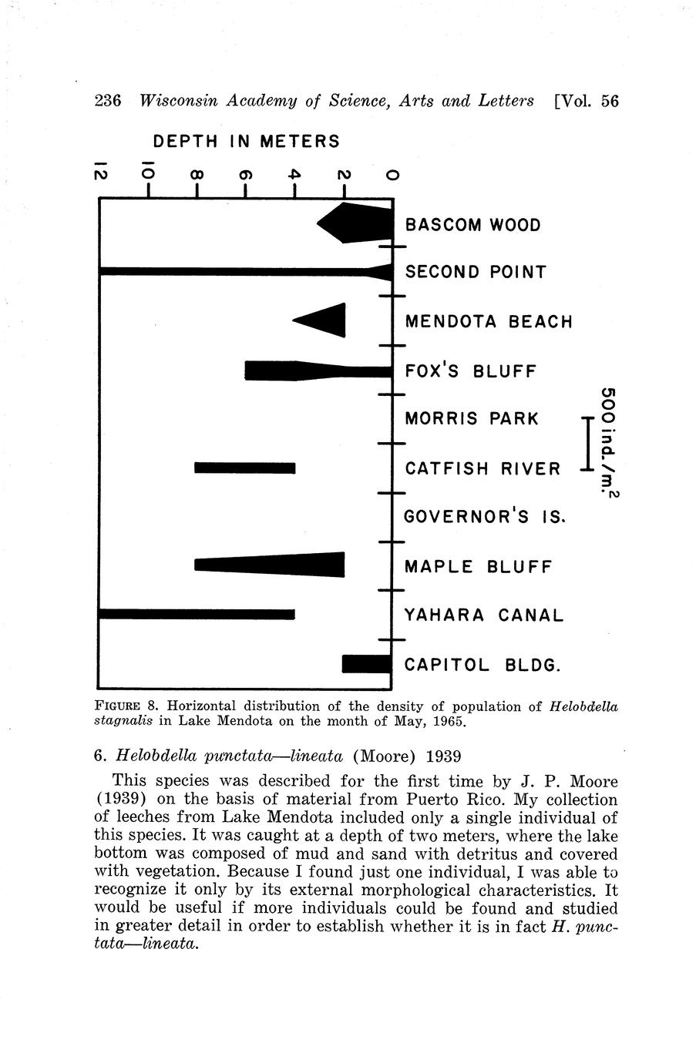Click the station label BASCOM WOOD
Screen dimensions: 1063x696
472,225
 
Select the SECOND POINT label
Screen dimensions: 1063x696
476,272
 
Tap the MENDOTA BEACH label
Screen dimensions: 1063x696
489,321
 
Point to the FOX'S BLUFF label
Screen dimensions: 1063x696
470,371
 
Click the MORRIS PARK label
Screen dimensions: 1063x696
472,419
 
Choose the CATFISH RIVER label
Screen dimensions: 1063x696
482,468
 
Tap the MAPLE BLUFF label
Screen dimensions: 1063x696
478,567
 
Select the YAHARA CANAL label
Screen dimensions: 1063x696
484,615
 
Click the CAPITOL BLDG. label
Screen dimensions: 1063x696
482,665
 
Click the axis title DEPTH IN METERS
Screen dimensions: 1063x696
246,142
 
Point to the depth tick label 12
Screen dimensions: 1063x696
100,173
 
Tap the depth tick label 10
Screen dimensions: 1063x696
147,173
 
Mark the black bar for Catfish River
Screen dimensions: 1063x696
245,468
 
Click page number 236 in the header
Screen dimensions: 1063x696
108,101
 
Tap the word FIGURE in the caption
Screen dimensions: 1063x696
116,706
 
